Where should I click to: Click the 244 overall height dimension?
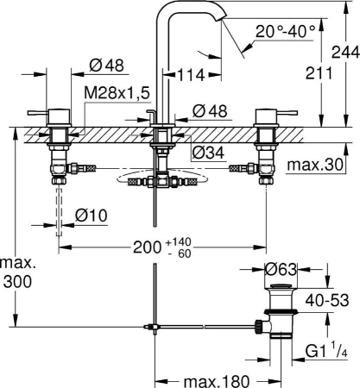click(x=345, y=53)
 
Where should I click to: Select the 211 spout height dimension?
click(x=319, y=73)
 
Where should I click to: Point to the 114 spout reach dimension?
click(x=190, y=75)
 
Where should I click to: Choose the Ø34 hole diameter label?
click(x=208, y=153)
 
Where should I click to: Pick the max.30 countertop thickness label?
click(x=315, y=165)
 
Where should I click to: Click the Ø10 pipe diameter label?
click(x=92, y=216)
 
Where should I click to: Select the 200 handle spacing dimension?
click(x=147, y=247)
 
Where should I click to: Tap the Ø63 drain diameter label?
click(x=281, y=269)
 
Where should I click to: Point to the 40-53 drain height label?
click(x=327, y=301)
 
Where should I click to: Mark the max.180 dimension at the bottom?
click(x=216, y=381)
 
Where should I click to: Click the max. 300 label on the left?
click(x=18, y=272)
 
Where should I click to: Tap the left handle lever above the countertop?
click(x=38, y=113)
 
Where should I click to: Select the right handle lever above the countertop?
click(x=287, y=112)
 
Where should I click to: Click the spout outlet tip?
click(x=222, y=18)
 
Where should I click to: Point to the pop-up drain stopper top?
click(x=281, y=286)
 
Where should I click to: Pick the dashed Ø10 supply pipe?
click(x=59, y=212)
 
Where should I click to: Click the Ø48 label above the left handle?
click(x=106, y=66)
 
